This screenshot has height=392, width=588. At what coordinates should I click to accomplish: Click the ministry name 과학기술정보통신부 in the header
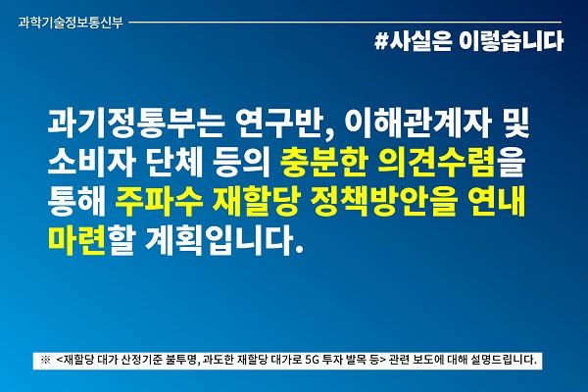[71, 23]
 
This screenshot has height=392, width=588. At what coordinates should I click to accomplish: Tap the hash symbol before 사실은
[381, 40]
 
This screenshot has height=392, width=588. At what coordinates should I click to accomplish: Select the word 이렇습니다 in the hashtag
[511, 40]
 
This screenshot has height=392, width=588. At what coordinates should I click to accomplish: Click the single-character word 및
[515, 123]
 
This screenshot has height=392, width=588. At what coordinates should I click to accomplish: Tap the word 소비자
[91, 164]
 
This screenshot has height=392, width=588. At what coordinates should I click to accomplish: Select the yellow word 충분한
[323, 164]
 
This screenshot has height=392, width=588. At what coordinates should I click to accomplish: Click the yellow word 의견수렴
[436, 164]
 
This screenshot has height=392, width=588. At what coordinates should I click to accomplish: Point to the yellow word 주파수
[159, 203]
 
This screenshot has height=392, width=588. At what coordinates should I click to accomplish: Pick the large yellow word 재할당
[256, 203]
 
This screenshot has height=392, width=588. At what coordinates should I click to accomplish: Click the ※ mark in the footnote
[45, 360]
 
